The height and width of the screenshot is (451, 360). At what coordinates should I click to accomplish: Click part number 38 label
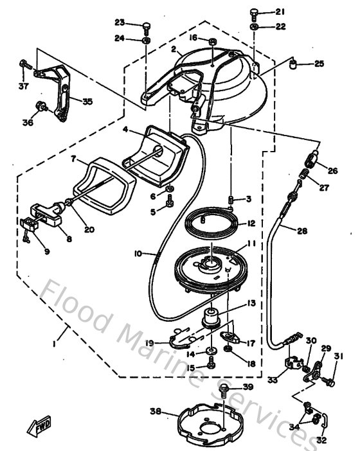click(155, 412)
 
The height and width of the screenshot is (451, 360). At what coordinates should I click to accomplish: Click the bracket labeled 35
click(64, 93)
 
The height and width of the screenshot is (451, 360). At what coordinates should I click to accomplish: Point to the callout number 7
click(74, 158)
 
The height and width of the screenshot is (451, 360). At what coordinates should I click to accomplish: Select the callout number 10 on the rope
click(137, 253)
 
